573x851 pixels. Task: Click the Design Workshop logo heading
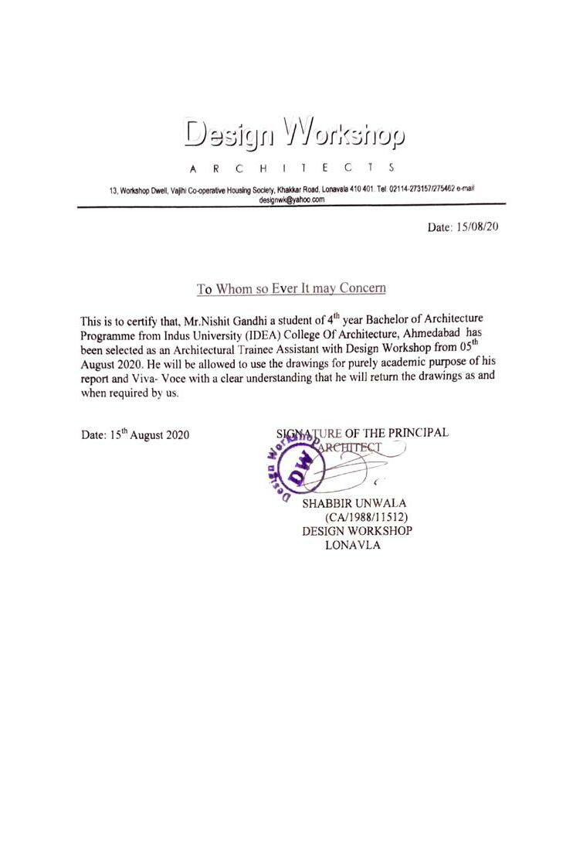[294, 134]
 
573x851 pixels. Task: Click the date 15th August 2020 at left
[135, 435]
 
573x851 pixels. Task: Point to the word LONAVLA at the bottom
[354, 544]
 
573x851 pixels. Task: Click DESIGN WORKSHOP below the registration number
[356, 531]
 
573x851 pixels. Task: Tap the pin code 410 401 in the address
[359, 190]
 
